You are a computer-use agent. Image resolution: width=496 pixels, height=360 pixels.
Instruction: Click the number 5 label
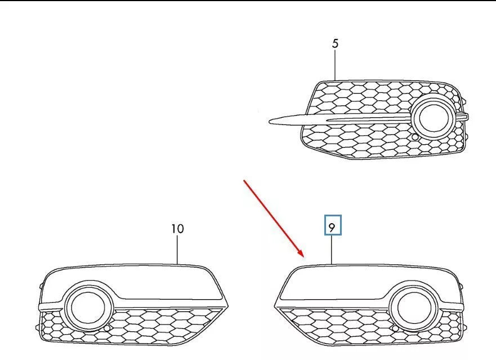[x=335, y=43]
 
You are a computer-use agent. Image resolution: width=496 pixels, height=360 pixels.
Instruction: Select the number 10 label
[x=177, y=229]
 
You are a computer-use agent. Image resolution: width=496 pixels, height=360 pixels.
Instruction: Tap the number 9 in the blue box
[x=332, y=227]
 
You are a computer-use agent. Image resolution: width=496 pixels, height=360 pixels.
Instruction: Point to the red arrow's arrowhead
[x=302, y=255]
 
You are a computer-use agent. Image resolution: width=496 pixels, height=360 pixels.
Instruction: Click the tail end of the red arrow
[x=244, y=181]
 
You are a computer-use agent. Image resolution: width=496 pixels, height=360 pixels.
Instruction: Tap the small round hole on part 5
[x=415, y=137]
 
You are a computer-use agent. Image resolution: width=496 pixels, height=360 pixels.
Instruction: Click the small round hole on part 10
[x=107, y=327]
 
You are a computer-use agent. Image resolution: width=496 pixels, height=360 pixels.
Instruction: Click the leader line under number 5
[x=335, y=65]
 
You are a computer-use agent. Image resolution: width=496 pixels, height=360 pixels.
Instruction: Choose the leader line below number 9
[x=332, y=250]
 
